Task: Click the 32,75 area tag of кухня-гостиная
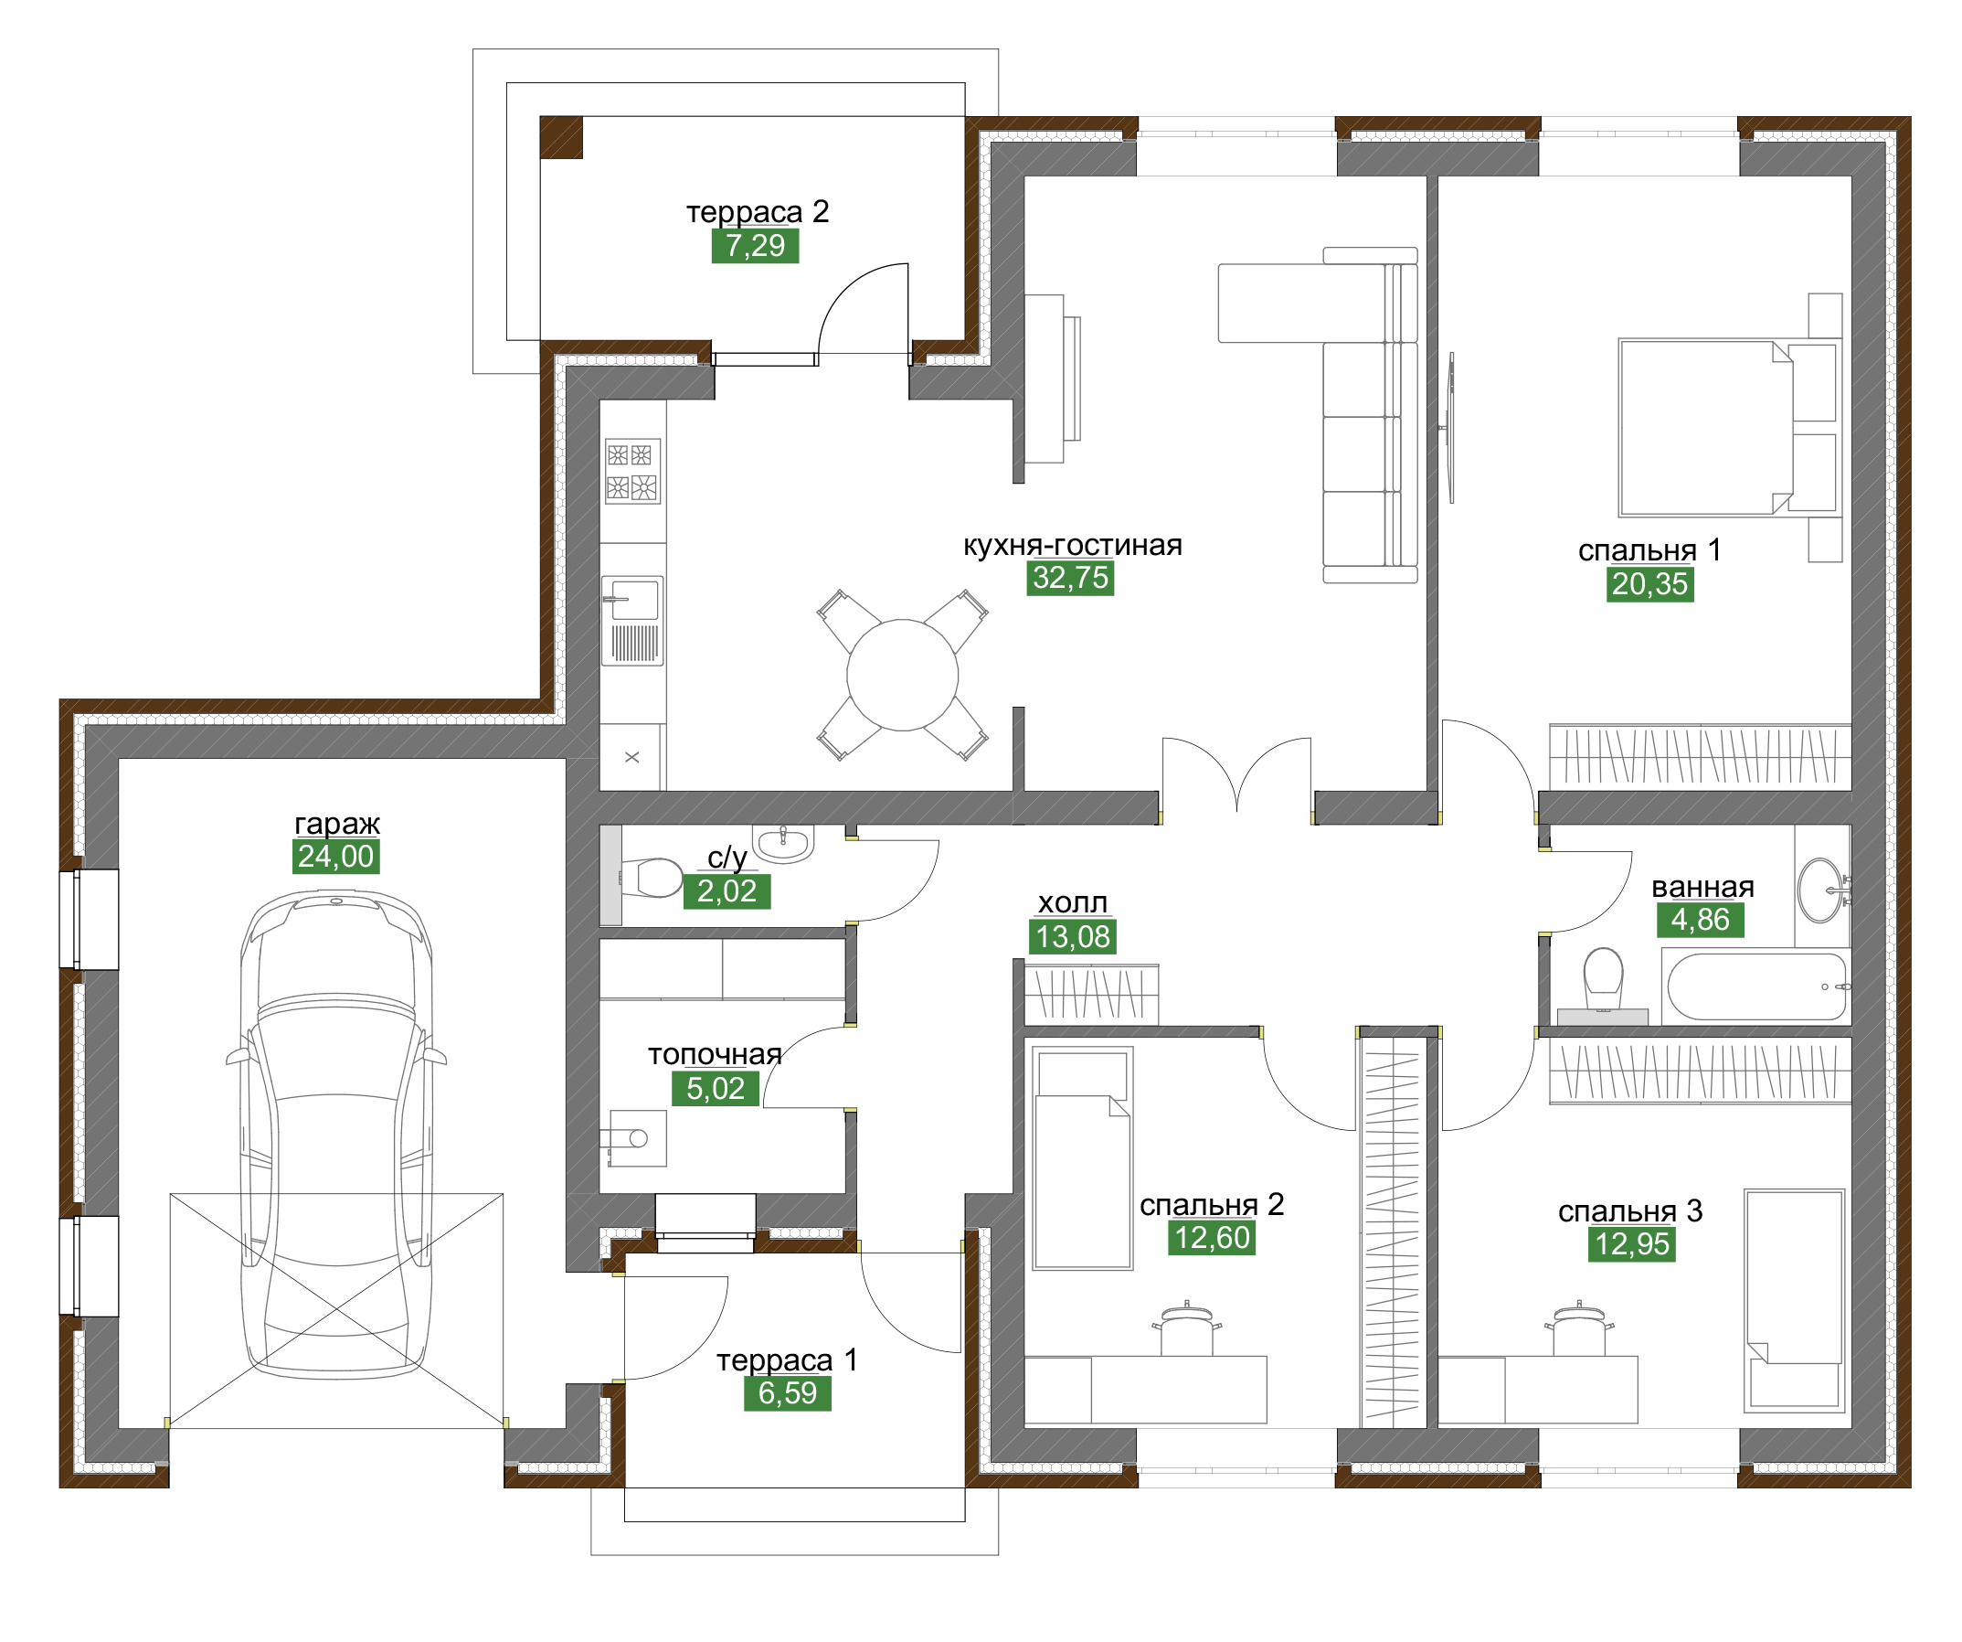[x=1071, y=579]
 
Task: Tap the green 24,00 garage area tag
[x=335, y=857]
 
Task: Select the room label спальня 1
[x=1649, y=550]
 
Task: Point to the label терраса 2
[x=758, y=212]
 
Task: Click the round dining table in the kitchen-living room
[x=903, y=675]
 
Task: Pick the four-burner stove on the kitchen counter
[x=632, y=471]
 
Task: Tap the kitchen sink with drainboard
[x=632, y=621]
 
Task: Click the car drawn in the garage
[x=336, y=1135]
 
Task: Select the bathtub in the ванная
[x=1757, y=986]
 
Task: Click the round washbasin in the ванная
[x=1822, y=890]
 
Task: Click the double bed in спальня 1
[x=1706, y=428]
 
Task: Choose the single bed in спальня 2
[x=1083, y=1159]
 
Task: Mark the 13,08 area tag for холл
[x=1073, y=937]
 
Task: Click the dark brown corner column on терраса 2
[x=561, y=137]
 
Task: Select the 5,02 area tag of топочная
[x=716, y=1089]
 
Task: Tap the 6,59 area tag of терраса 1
[x=788, y=1393]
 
